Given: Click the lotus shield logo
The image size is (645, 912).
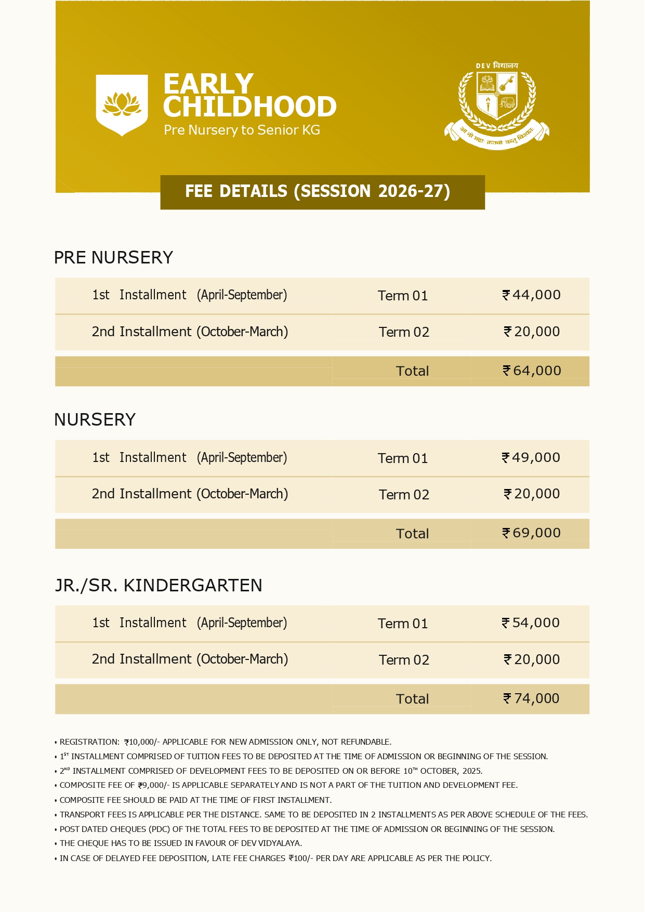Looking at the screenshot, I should point(122,104).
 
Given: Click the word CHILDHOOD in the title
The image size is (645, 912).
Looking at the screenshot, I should point(250,107).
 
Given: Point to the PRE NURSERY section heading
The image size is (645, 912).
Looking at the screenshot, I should point(113,258).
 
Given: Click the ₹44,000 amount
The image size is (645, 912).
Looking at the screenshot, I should point(531,295).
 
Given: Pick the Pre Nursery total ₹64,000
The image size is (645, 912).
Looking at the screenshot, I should point(532,371).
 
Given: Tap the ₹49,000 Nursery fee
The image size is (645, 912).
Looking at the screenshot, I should point(531,458).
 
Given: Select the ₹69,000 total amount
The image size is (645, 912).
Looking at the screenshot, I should point(531,533).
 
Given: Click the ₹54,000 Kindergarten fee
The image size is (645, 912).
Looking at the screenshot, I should point(531,623).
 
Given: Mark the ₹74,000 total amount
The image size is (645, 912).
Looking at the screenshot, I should point(531,699).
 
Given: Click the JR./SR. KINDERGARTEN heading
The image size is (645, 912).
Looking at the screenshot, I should point(159,586).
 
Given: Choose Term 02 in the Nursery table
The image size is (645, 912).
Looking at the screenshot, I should point(404,495).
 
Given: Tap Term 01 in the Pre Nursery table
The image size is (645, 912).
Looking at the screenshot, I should point(403,296).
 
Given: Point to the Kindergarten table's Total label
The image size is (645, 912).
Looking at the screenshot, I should point(412,699).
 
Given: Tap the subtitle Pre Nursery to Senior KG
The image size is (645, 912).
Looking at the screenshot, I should point(242,130).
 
